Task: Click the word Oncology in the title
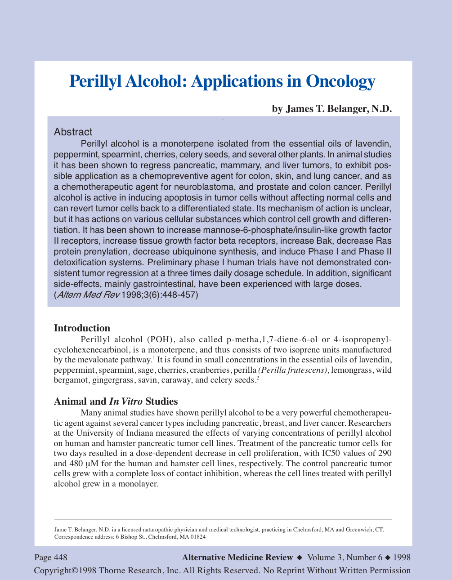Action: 340,81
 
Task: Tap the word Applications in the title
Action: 237,81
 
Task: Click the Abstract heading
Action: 73,132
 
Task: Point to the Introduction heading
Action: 82,328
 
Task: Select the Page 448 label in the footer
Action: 51,558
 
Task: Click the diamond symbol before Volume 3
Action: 300,558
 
